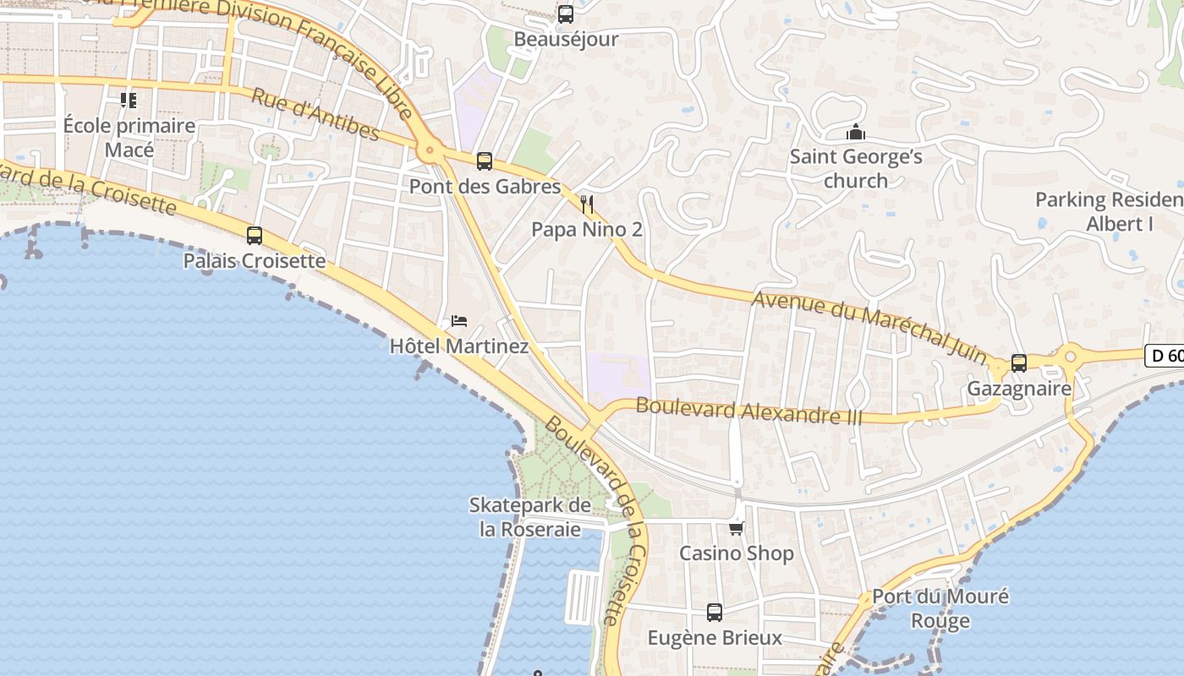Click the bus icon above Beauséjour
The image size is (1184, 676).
pyautogui.click(x=565, y=14)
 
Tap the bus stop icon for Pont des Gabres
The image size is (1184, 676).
pyautogui.click(x=485, y=161)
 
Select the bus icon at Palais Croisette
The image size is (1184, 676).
pyautogui.click(x=254, y=235)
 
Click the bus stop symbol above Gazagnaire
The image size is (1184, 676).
pyautogui.click(x=1019, y=363)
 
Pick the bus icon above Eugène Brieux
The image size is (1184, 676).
pyautogui.click(x=715, y=612)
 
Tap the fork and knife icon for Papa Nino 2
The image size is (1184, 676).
pyautogui.click(x=587, y=204)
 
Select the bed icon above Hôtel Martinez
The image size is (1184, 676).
pyautogui.click(x=459, y=320)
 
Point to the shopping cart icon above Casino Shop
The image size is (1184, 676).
pyautogui.click(x=737, y=528)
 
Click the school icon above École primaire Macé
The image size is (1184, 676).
pyautogui.click(x=129, y=101)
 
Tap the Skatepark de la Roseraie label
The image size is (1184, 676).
pyautogui.click(x=530, y=517)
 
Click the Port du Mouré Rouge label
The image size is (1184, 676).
pyautogui.click(x=940, y=608)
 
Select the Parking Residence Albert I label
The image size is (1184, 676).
pyautogui.click(x=1109, y=211)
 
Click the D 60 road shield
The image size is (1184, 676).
pyautogui.click(x=1166, y=356)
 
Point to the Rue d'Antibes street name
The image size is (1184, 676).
pyautogui.click(x=315, y=113)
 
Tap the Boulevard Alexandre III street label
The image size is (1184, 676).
pyautogui.click(x=748, y=411)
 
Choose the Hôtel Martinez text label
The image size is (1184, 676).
pyautogui.click(x=459, y=346)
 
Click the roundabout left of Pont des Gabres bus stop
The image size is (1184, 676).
pyautogui.click(x=430, y=152)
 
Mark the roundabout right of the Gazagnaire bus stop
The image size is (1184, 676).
pyautogui.click(x=1070, y=357)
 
